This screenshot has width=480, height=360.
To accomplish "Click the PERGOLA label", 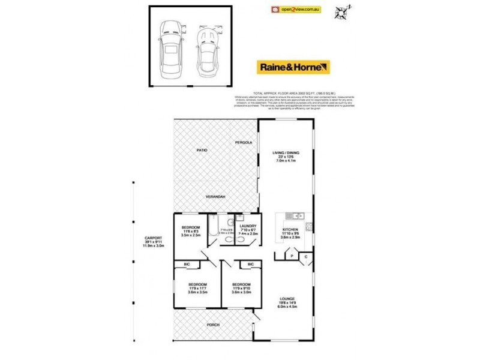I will [x=244, y=142].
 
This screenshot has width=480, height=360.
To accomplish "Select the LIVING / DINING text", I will [x=286, y=154].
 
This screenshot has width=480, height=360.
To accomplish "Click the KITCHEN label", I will [x=290, y=230].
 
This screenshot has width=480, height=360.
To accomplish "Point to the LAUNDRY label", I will [x=248, y=226].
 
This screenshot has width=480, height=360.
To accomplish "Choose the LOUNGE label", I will [x=286, y=299].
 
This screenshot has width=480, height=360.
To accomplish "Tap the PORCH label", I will [x=214, y=325].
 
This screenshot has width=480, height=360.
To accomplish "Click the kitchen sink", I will [x=300, y=216].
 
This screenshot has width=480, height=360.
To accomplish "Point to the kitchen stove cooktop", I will [x=310, y=227].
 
